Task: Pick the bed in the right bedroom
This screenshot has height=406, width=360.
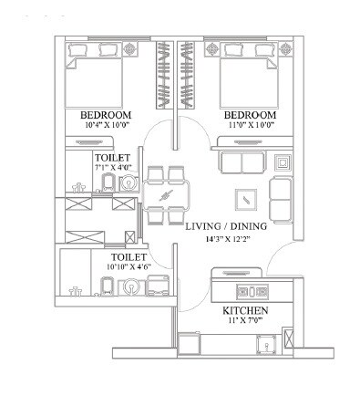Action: [248, 77]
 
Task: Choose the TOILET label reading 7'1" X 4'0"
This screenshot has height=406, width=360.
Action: [112, 158]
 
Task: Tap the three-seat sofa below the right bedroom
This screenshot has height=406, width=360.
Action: [242, 163]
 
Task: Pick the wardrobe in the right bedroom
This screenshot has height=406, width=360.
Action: [190, 72]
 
